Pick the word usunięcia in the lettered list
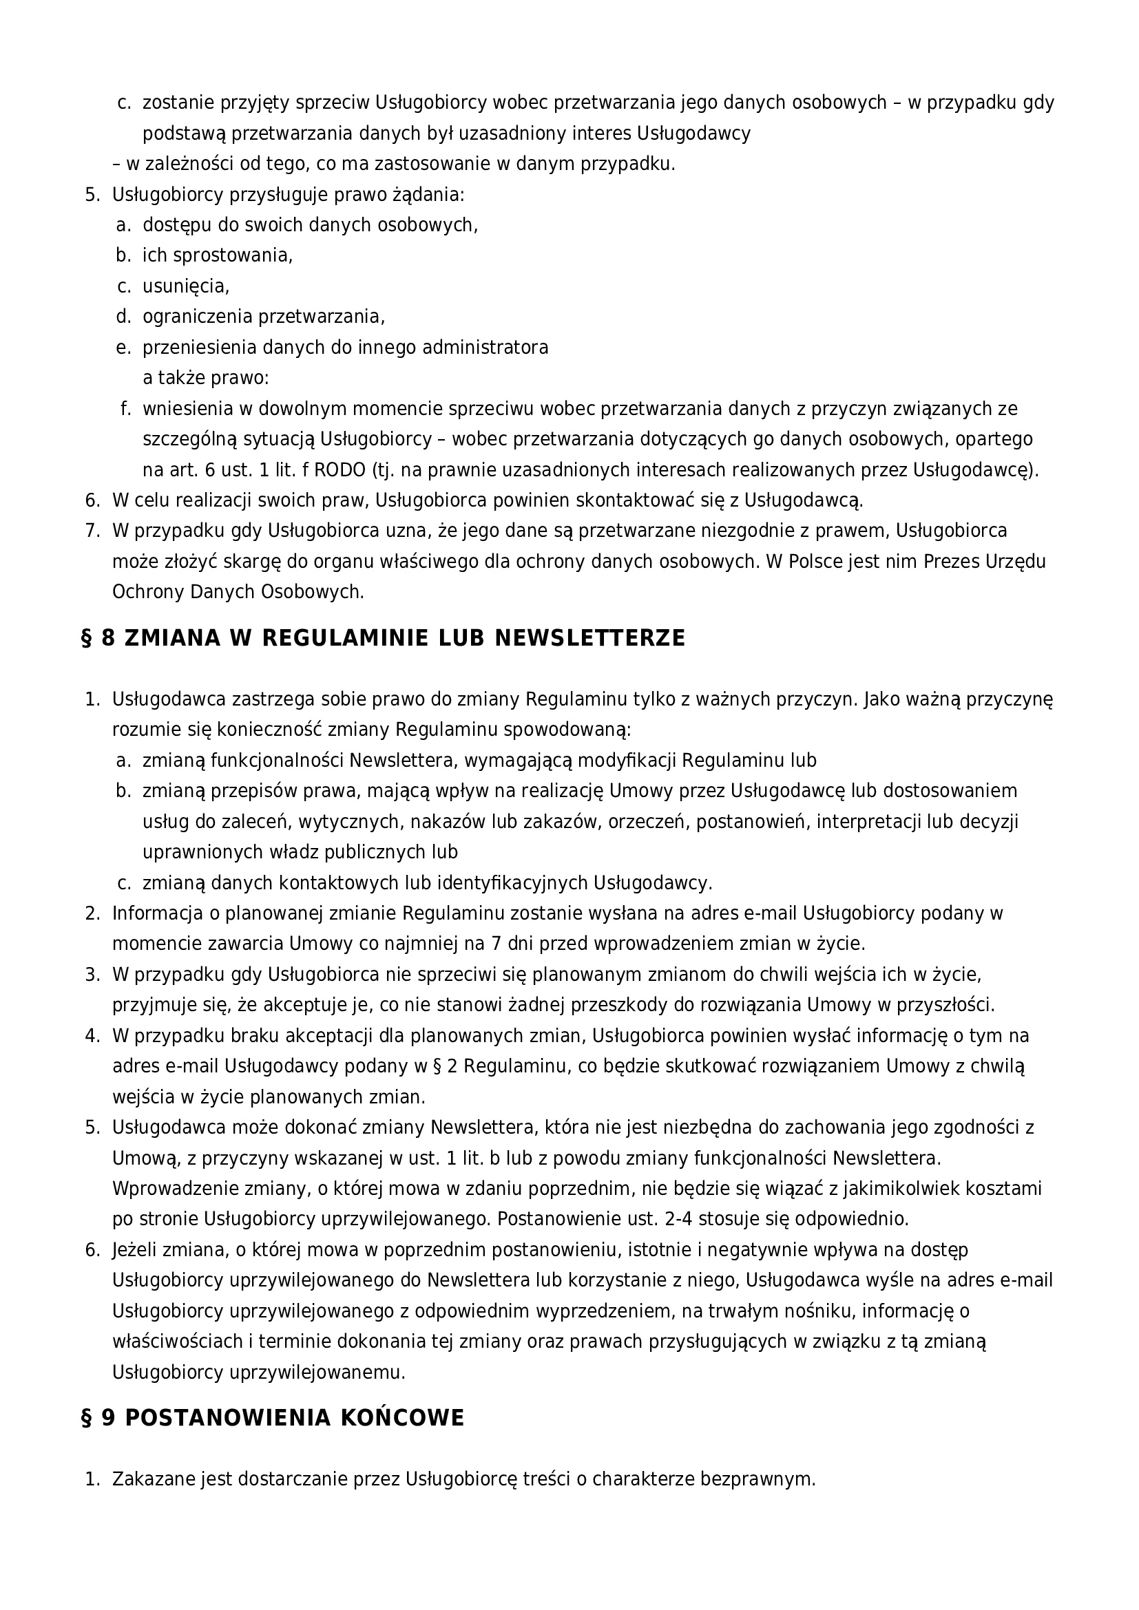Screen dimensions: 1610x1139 (186, 286)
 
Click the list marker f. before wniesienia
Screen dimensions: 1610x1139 (126, 409)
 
